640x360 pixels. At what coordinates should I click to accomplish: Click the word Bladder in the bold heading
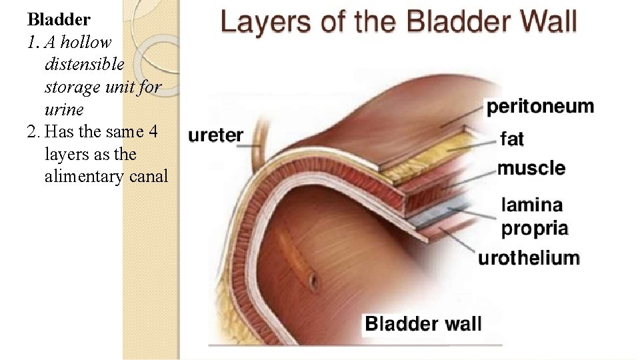point(59,19)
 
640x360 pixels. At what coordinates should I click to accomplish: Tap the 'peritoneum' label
point(540,107)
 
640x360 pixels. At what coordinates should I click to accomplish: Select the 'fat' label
point(512,139)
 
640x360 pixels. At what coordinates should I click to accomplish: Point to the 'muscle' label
point(531,168)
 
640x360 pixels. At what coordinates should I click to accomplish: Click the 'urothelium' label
point(529,259)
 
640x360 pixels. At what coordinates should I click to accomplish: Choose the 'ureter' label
point(215,135)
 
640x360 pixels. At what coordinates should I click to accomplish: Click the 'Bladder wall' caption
point(423,325)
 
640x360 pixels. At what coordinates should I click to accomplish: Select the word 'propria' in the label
point(535,229)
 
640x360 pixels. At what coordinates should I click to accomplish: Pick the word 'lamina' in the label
point(532,205)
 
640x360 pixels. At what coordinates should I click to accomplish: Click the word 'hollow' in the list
point(89,42)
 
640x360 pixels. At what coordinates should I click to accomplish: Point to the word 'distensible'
point(84,65)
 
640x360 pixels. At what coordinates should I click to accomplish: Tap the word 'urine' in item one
point(64,109)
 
